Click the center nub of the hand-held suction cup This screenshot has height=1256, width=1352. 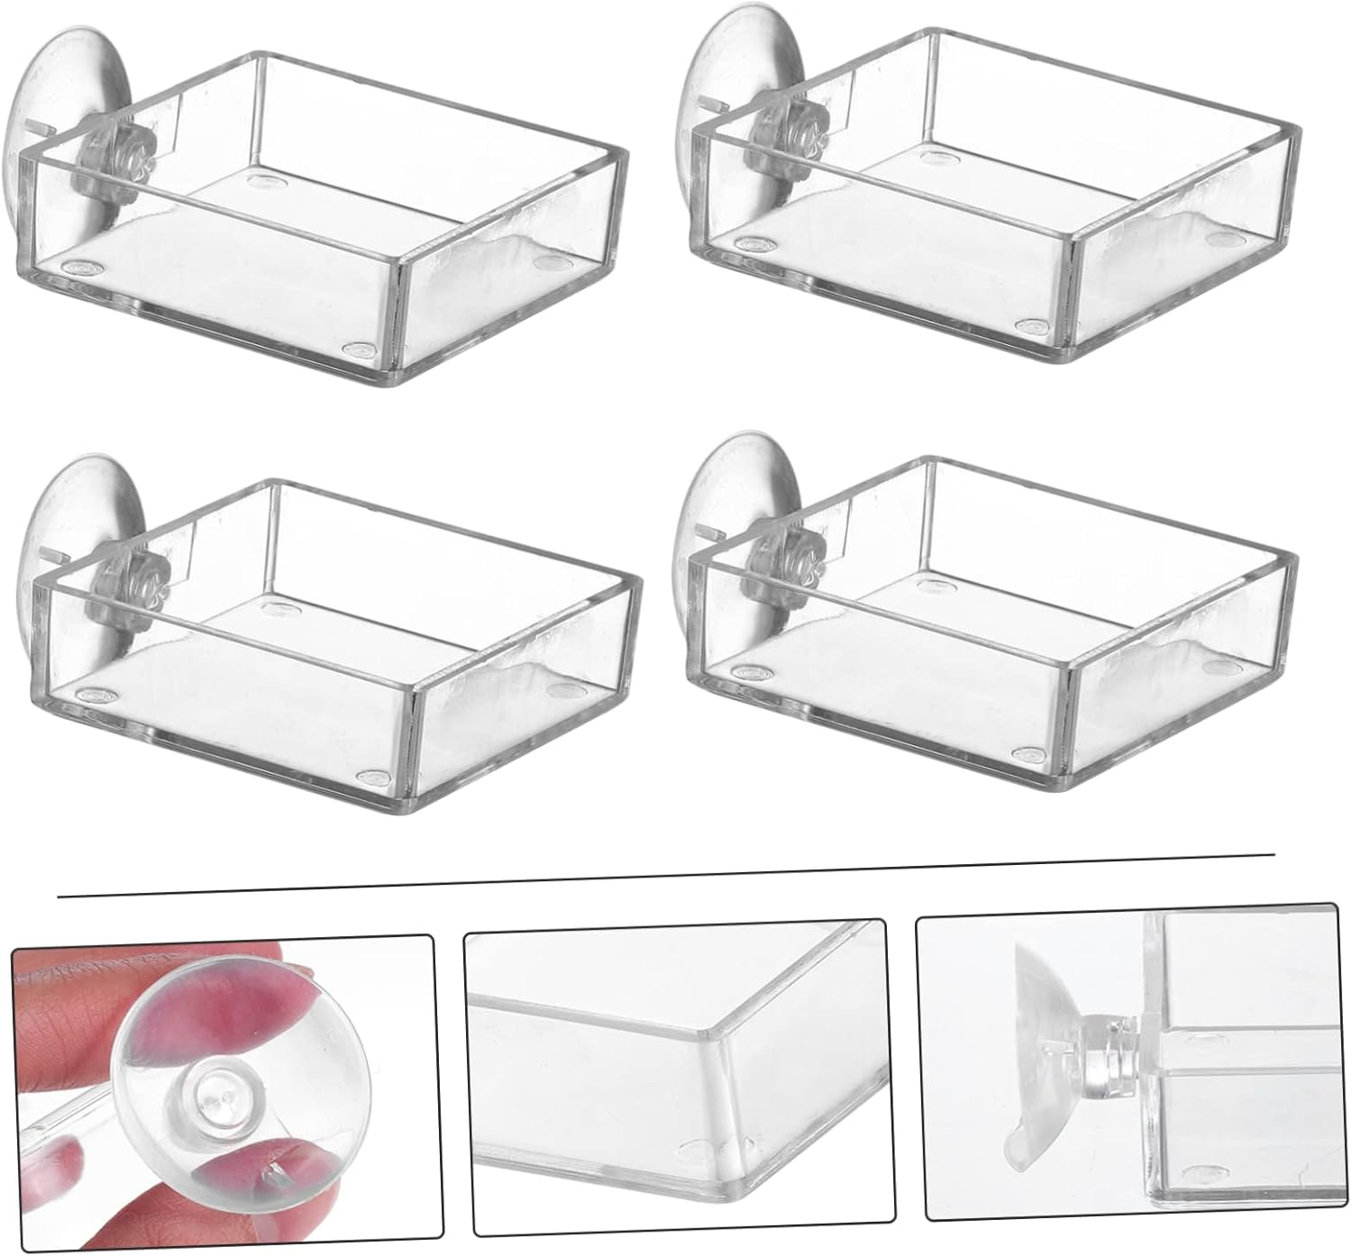click(x=206, y=1100)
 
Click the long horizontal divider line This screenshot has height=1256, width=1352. click(x=667, y=875)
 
